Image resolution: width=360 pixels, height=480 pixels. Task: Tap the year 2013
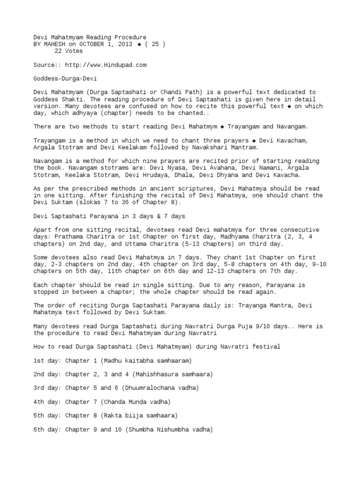pyautogui.click(x=126, y=44)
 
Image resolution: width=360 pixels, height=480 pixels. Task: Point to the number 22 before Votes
pyautogui.click(x=59, y=51)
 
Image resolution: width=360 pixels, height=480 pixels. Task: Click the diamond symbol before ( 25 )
pyautogui.click(x=139, y=44)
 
